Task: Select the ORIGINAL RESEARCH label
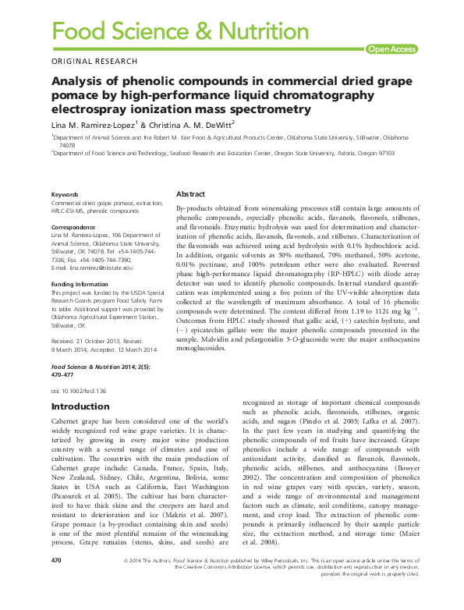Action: [94, 62]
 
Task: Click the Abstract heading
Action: [191, 193]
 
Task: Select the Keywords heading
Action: [65, 194]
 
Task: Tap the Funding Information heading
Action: [80, 285]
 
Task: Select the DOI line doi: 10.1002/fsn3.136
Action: [78, 389]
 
